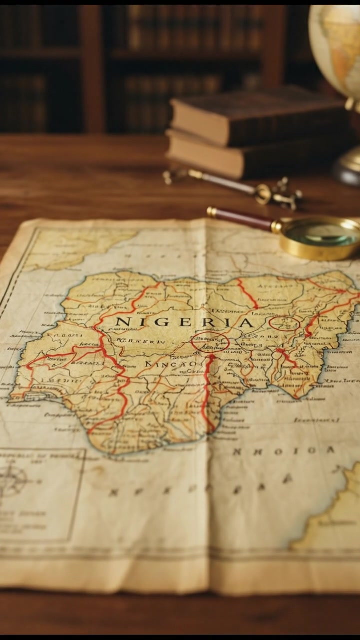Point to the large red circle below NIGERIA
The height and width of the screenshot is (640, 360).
pos(210,342)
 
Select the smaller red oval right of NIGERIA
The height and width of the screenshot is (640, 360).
pos(284,323)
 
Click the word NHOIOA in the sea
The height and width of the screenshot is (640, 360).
pos(283,451)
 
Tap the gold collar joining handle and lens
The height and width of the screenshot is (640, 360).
pos(276,227)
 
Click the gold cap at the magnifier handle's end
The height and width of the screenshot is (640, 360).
pos(212,211)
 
